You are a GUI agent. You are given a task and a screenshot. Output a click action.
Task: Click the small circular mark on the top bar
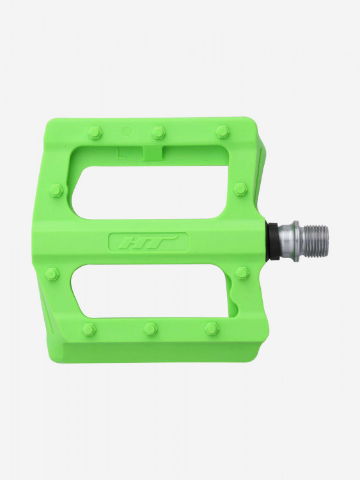126,131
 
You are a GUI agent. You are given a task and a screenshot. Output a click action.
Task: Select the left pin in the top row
94,132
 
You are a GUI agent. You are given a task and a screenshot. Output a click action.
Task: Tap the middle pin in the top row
158,132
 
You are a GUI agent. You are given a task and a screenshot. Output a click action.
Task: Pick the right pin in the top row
223,131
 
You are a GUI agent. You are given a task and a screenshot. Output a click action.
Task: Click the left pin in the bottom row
89,329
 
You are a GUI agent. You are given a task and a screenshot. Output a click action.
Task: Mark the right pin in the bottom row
212,328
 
